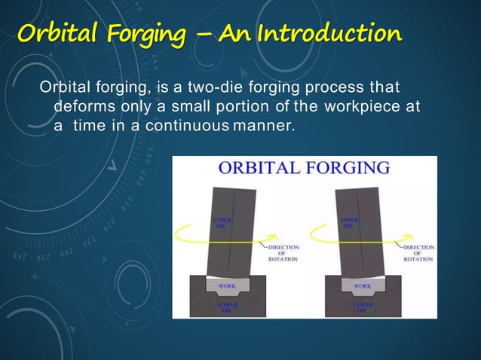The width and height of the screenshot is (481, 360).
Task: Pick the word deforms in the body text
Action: pos(81,108)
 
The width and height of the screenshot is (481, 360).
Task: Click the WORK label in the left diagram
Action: pos(227,286)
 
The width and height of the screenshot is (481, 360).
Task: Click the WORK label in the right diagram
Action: pos(363,286)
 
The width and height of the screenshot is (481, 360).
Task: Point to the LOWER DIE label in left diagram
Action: pos(227,307)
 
